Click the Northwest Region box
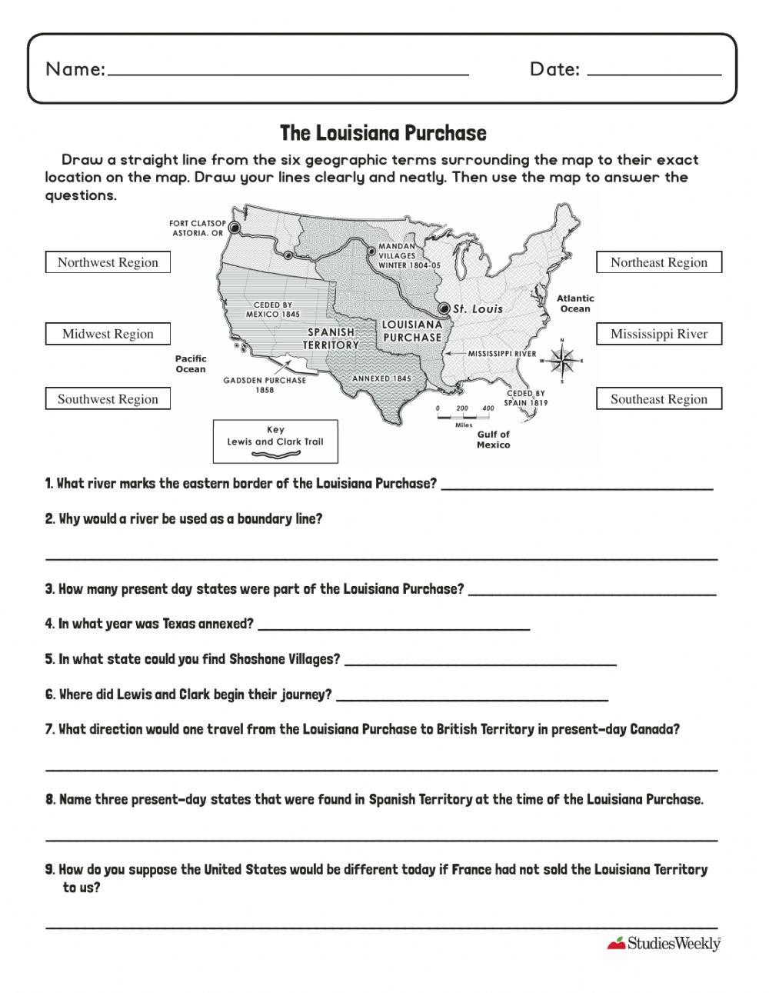tap(108, 262)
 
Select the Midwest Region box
tap(108, 334)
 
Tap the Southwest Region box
tap(108, 399)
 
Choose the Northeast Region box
tap(659, 262)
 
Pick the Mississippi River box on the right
tap(659, 334)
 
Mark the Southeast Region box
tap(659, 399)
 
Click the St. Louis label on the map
tap(477, 309)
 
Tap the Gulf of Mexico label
tap(493, 439)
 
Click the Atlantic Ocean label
tap(575, 303)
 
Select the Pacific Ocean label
tap(191, 364)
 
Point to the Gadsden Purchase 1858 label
tap(265, 385)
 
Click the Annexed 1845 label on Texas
tap(381, 378)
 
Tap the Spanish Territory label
tap(331, 338)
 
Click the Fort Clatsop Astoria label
tap(197, 228)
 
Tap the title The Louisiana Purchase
tap(383, 133)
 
